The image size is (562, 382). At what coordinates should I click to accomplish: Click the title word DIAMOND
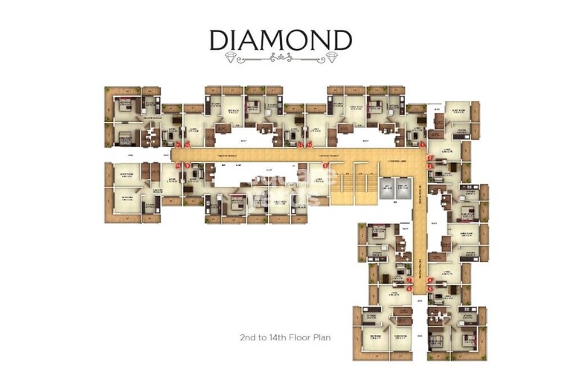click(280, 39)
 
